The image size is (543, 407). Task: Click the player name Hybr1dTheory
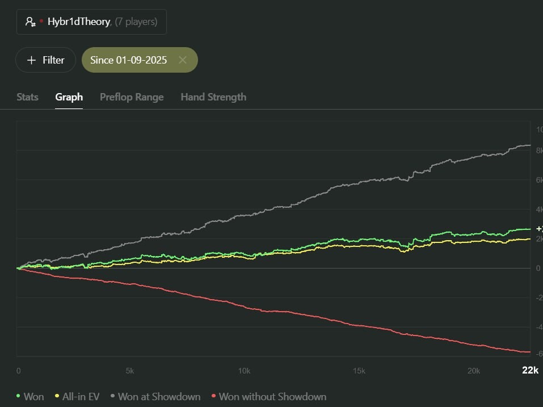coord(79,22)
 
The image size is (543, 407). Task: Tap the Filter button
coord(45,60)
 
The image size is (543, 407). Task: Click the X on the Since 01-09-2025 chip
coord(183,60)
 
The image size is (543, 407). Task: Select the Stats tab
coord(27,97)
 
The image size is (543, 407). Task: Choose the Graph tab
coord(69,97)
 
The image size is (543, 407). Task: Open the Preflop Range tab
coord(132,97)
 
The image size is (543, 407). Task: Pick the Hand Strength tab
coord(213,97)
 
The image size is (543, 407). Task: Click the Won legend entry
coord(33,396)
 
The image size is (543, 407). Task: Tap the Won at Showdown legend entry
coord(159,396)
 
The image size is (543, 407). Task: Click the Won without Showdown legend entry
coord(272,396)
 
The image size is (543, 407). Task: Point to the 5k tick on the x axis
coord(130,371)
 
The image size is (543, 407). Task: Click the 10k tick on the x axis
coord(244,371)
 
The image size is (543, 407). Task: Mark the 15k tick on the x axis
coord(359,371)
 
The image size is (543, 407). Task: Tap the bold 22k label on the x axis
coord(530,370)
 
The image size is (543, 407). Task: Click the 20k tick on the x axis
coord(473,371)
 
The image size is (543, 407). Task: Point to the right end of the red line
coord(529,352)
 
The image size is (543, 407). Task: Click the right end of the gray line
coord(529,145)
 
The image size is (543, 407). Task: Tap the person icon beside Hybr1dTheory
coord(31,22)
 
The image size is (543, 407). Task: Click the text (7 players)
coord(136,22)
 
